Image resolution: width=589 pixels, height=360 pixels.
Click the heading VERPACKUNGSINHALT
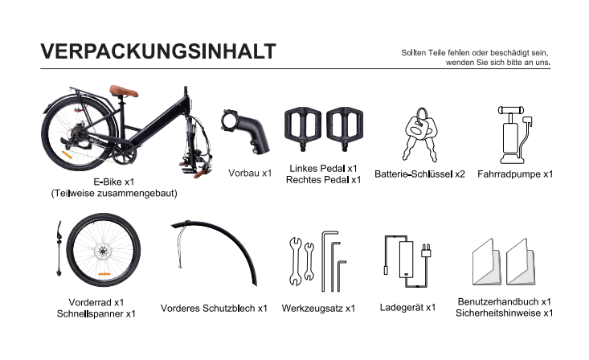point(158,51)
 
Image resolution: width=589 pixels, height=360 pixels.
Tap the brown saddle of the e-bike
point(124,91)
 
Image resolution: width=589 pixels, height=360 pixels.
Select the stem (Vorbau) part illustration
point(245,131)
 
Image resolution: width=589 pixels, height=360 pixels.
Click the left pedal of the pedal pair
point(303,127)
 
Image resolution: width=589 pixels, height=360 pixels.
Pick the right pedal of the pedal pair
point(345,127)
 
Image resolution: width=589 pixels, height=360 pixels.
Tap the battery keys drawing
point(421,134)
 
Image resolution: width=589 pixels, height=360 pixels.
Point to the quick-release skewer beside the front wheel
point(59,248)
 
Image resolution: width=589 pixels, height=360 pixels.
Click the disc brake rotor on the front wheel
point(102,251)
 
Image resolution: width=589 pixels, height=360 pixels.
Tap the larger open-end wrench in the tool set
point(296,261)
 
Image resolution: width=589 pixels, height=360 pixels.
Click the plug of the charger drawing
point(426,251)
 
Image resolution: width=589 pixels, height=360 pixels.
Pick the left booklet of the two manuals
point(486,262)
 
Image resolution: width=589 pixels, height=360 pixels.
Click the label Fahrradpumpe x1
point(515,174)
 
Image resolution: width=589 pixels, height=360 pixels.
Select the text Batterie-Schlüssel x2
point(419,174)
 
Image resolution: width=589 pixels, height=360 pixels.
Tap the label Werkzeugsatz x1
point(318,308)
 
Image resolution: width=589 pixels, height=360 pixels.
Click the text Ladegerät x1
point(407,308)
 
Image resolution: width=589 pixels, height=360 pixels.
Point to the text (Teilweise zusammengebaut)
point(114,193)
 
